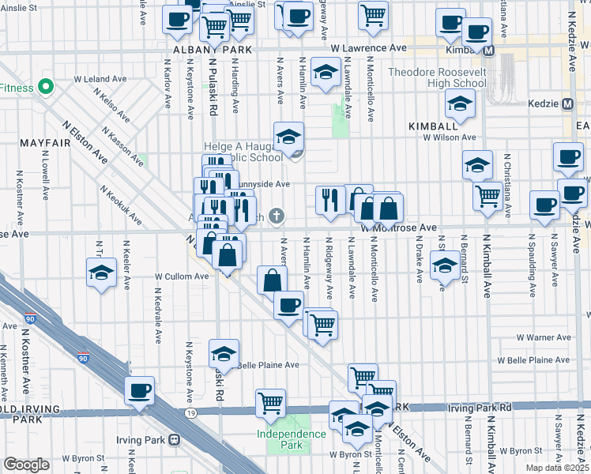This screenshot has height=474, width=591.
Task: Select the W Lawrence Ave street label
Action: (368, 48)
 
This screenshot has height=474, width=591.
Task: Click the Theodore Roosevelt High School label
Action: (437, 78)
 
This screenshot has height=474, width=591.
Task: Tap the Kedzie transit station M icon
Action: (567, 104)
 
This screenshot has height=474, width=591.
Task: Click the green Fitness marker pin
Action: (46, 86)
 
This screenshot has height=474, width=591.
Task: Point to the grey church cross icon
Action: (277, 216)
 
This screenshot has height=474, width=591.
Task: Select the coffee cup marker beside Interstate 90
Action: (139, 391)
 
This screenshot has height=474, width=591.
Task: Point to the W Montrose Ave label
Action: (399, 228)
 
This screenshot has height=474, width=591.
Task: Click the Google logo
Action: (26, 465)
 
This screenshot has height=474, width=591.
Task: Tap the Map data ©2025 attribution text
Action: (556, 468)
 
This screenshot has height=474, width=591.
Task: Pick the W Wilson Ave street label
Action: (447, 137)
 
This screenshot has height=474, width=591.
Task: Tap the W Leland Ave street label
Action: (100, 79)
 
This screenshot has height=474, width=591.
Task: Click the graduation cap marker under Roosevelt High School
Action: (459, 103)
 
